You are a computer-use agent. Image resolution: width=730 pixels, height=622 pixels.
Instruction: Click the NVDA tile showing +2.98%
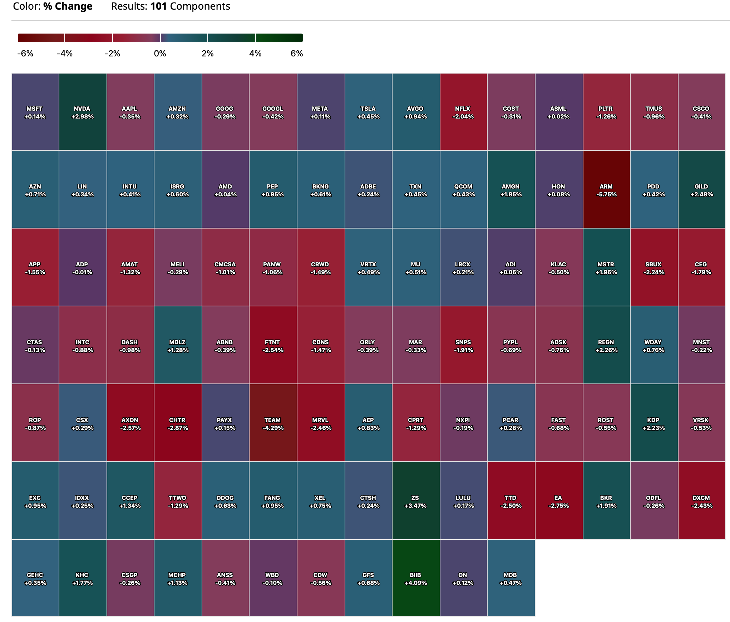(x=83, y=112)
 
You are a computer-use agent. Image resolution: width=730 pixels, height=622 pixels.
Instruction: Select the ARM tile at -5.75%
(x=606, y=190)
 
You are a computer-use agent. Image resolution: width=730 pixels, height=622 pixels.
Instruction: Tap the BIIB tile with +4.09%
(x=416, y=578)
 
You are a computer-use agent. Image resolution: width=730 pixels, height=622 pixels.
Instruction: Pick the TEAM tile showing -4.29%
(x=273, y=423)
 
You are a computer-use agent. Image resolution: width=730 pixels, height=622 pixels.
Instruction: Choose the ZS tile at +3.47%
(x=416, y=501)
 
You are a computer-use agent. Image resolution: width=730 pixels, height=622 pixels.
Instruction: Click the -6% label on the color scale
(x=25, y=54)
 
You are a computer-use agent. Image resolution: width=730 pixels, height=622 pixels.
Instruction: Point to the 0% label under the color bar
(x=160, y=54)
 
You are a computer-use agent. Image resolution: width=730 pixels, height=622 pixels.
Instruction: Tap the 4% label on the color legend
(x=255, y=54)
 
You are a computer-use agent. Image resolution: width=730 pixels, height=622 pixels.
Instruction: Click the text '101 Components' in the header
(x=190, y=6)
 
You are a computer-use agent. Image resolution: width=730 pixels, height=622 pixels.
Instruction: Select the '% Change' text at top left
(x=68, y=6)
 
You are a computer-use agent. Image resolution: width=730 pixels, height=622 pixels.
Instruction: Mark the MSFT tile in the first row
(x=35, y=112)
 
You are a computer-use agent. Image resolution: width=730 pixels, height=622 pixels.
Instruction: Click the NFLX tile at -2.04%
(x=463, y=112)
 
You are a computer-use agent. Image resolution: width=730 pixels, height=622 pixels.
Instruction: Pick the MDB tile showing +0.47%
(x=511, y=578)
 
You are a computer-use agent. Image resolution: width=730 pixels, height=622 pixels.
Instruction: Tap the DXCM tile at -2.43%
(x=701, y=501)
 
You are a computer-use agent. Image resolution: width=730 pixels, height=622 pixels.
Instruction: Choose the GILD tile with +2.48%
(x=701, y=190)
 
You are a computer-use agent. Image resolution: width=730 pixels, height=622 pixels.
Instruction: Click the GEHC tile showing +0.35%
(x=35, y=578)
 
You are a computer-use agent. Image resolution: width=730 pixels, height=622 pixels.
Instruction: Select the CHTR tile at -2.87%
(x=178, y=423)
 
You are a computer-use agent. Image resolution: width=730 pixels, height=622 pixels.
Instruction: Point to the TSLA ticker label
(x=368, y=109)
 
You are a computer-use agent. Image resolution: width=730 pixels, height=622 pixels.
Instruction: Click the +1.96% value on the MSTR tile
(x=606, y=272)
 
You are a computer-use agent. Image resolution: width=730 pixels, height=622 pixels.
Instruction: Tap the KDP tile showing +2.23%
(x=654, y=423)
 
